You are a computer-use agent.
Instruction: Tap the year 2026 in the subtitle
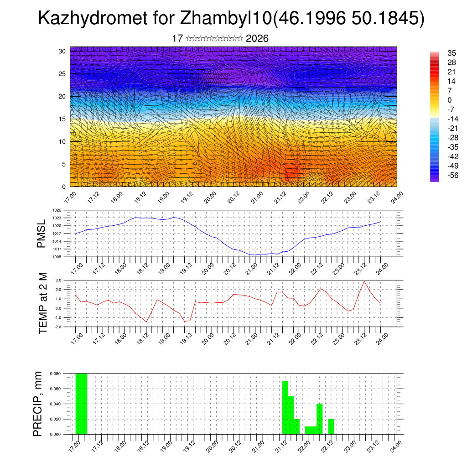(257, 39)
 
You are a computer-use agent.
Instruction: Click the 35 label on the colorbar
(439, 53)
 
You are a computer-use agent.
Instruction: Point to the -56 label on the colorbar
(440, 175)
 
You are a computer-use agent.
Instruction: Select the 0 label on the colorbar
(436, 100)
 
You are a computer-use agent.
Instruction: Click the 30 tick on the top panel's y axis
(62, 51)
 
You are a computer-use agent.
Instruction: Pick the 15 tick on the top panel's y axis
(62, 119)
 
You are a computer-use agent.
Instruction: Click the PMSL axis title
(41, 234)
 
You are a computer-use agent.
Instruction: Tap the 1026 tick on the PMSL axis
(57, 210)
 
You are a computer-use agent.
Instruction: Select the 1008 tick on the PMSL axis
(57, 257)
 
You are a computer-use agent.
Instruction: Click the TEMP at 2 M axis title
(43, 303)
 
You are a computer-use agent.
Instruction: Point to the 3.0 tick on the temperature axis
(58, 280)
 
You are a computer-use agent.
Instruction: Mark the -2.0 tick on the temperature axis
(57, 327)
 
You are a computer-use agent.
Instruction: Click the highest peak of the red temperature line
(364, 281)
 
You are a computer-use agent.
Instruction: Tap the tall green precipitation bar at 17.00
(81, 404)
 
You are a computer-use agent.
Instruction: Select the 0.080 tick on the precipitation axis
(55, 374)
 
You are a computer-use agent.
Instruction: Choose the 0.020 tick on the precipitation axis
(55, 419)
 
